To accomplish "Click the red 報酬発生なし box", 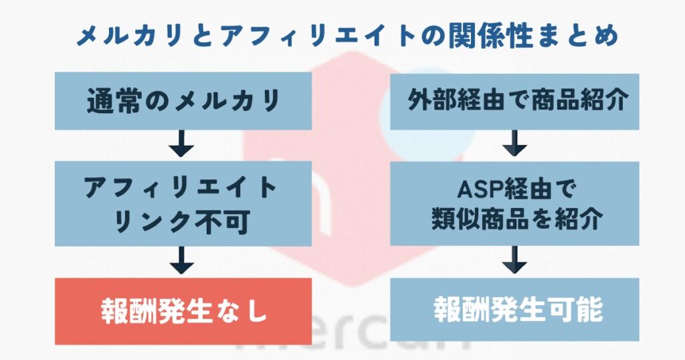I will click(183, 311).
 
